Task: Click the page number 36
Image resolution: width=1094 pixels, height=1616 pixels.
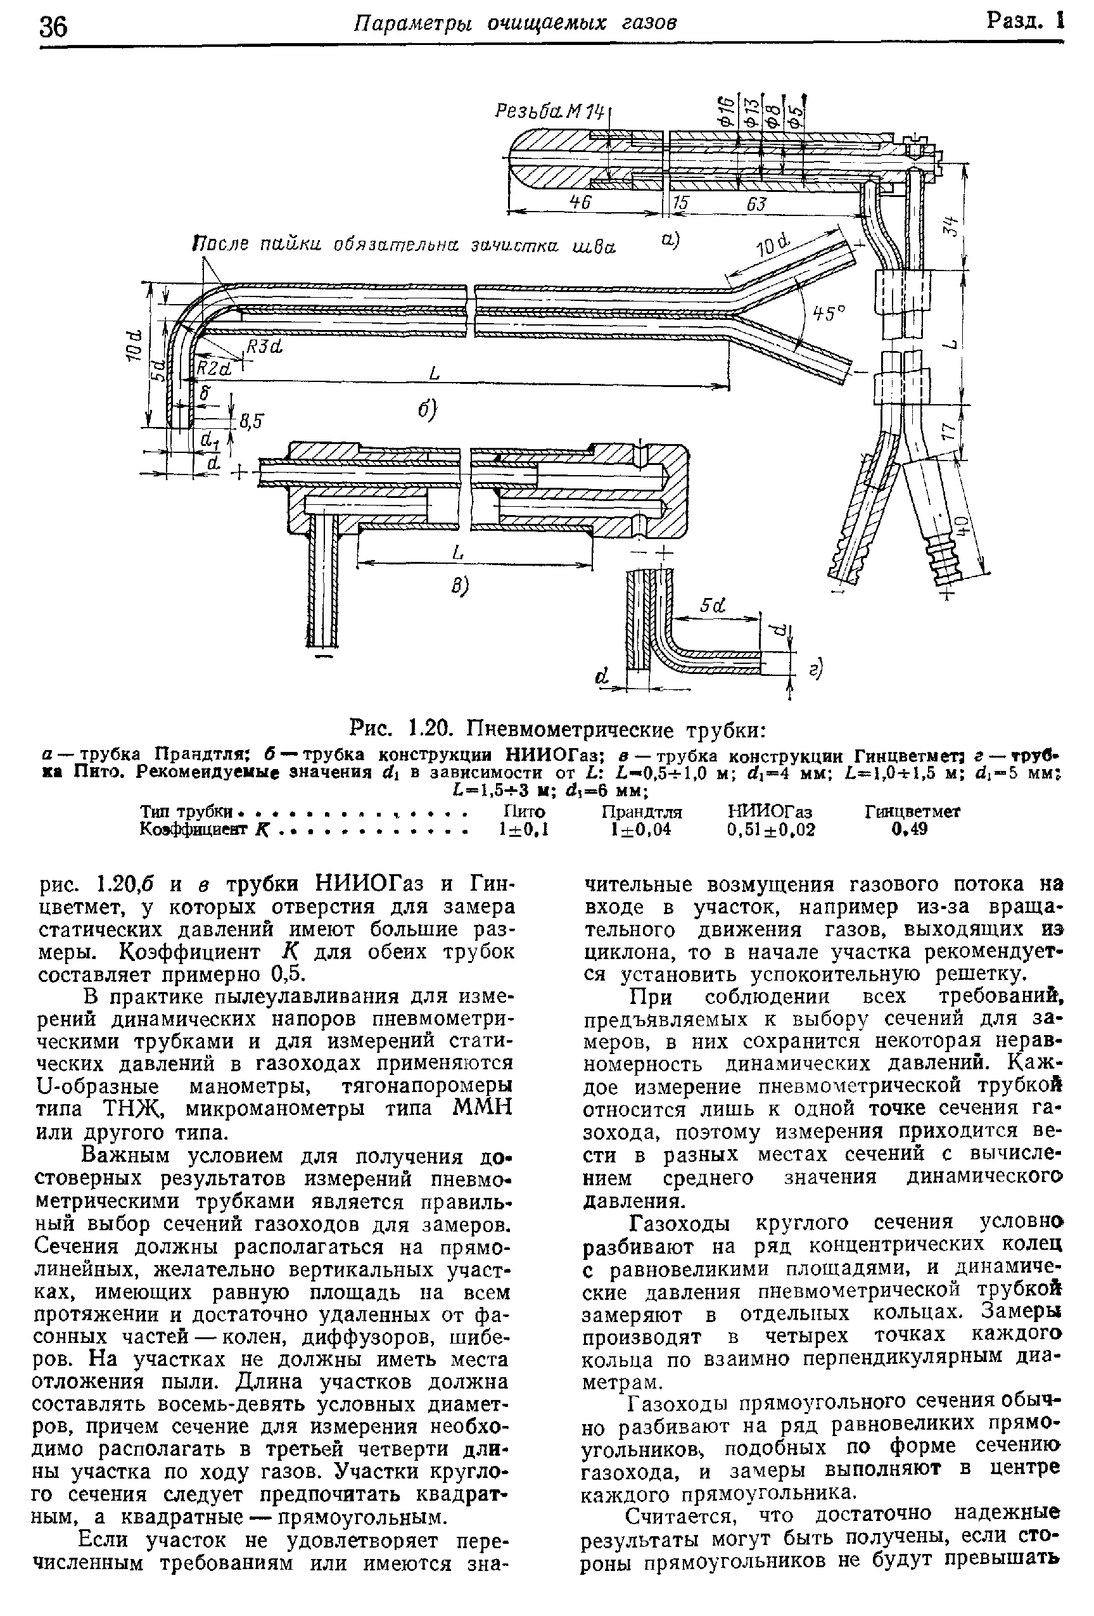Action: [x=54, y=27]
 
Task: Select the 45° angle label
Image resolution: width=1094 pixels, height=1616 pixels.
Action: [x=829, y=314]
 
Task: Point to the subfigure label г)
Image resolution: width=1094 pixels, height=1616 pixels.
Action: [x=817, y=669]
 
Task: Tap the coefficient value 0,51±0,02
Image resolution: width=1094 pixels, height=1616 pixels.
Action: [x=770, y=830]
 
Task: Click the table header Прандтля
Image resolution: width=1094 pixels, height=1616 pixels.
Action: [x=641, y=812]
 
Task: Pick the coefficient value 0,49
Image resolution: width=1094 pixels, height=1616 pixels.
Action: [x=912, y=830]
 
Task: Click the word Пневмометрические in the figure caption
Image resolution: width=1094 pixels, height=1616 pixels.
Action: [x=571, y=731]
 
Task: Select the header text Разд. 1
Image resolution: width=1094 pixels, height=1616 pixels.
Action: [x=1024, y=22]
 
